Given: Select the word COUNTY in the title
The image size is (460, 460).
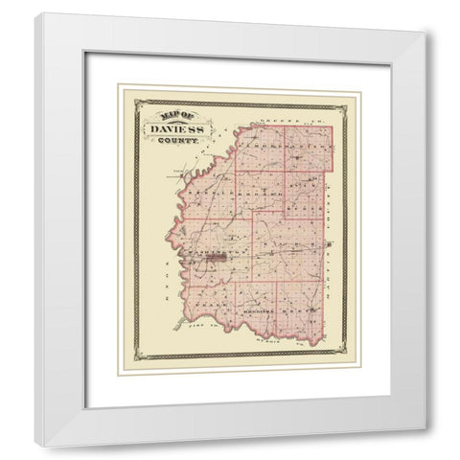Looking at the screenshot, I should click(172, 140).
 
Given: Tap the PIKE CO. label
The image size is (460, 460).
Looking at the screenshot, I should click(217, 328).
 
